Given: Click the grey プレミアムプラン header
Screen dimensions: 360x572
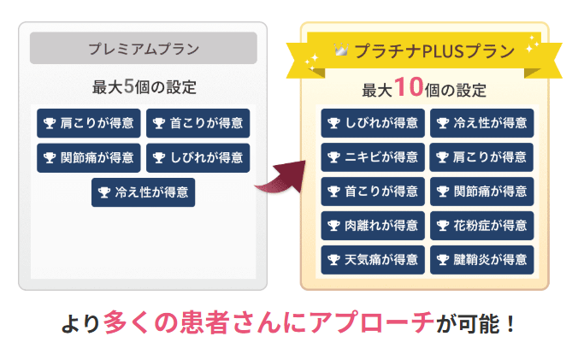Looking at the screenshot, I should (143, 48).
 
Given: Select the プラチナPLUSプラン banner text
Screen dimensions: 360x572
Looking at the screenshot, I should (432, 50).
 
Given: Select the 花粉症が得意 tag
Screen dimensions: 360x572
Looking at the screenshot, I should (481, 226).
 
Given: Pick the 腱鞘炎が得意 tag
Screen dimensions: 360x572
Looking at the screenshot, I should (481, 259).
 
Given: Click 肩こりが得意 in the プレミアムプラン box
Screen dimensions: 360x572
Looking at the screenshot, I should (88, 124).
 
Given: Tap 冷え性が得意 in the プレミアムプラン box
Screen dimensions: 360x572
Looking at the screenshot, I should (143, 192).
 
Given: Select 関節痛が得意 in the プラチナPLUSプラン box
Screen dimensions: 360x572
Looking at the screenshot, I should (481, 192).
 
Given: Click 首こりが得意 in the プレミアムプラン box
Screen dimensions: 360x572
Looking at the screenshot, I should (198, 124).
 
